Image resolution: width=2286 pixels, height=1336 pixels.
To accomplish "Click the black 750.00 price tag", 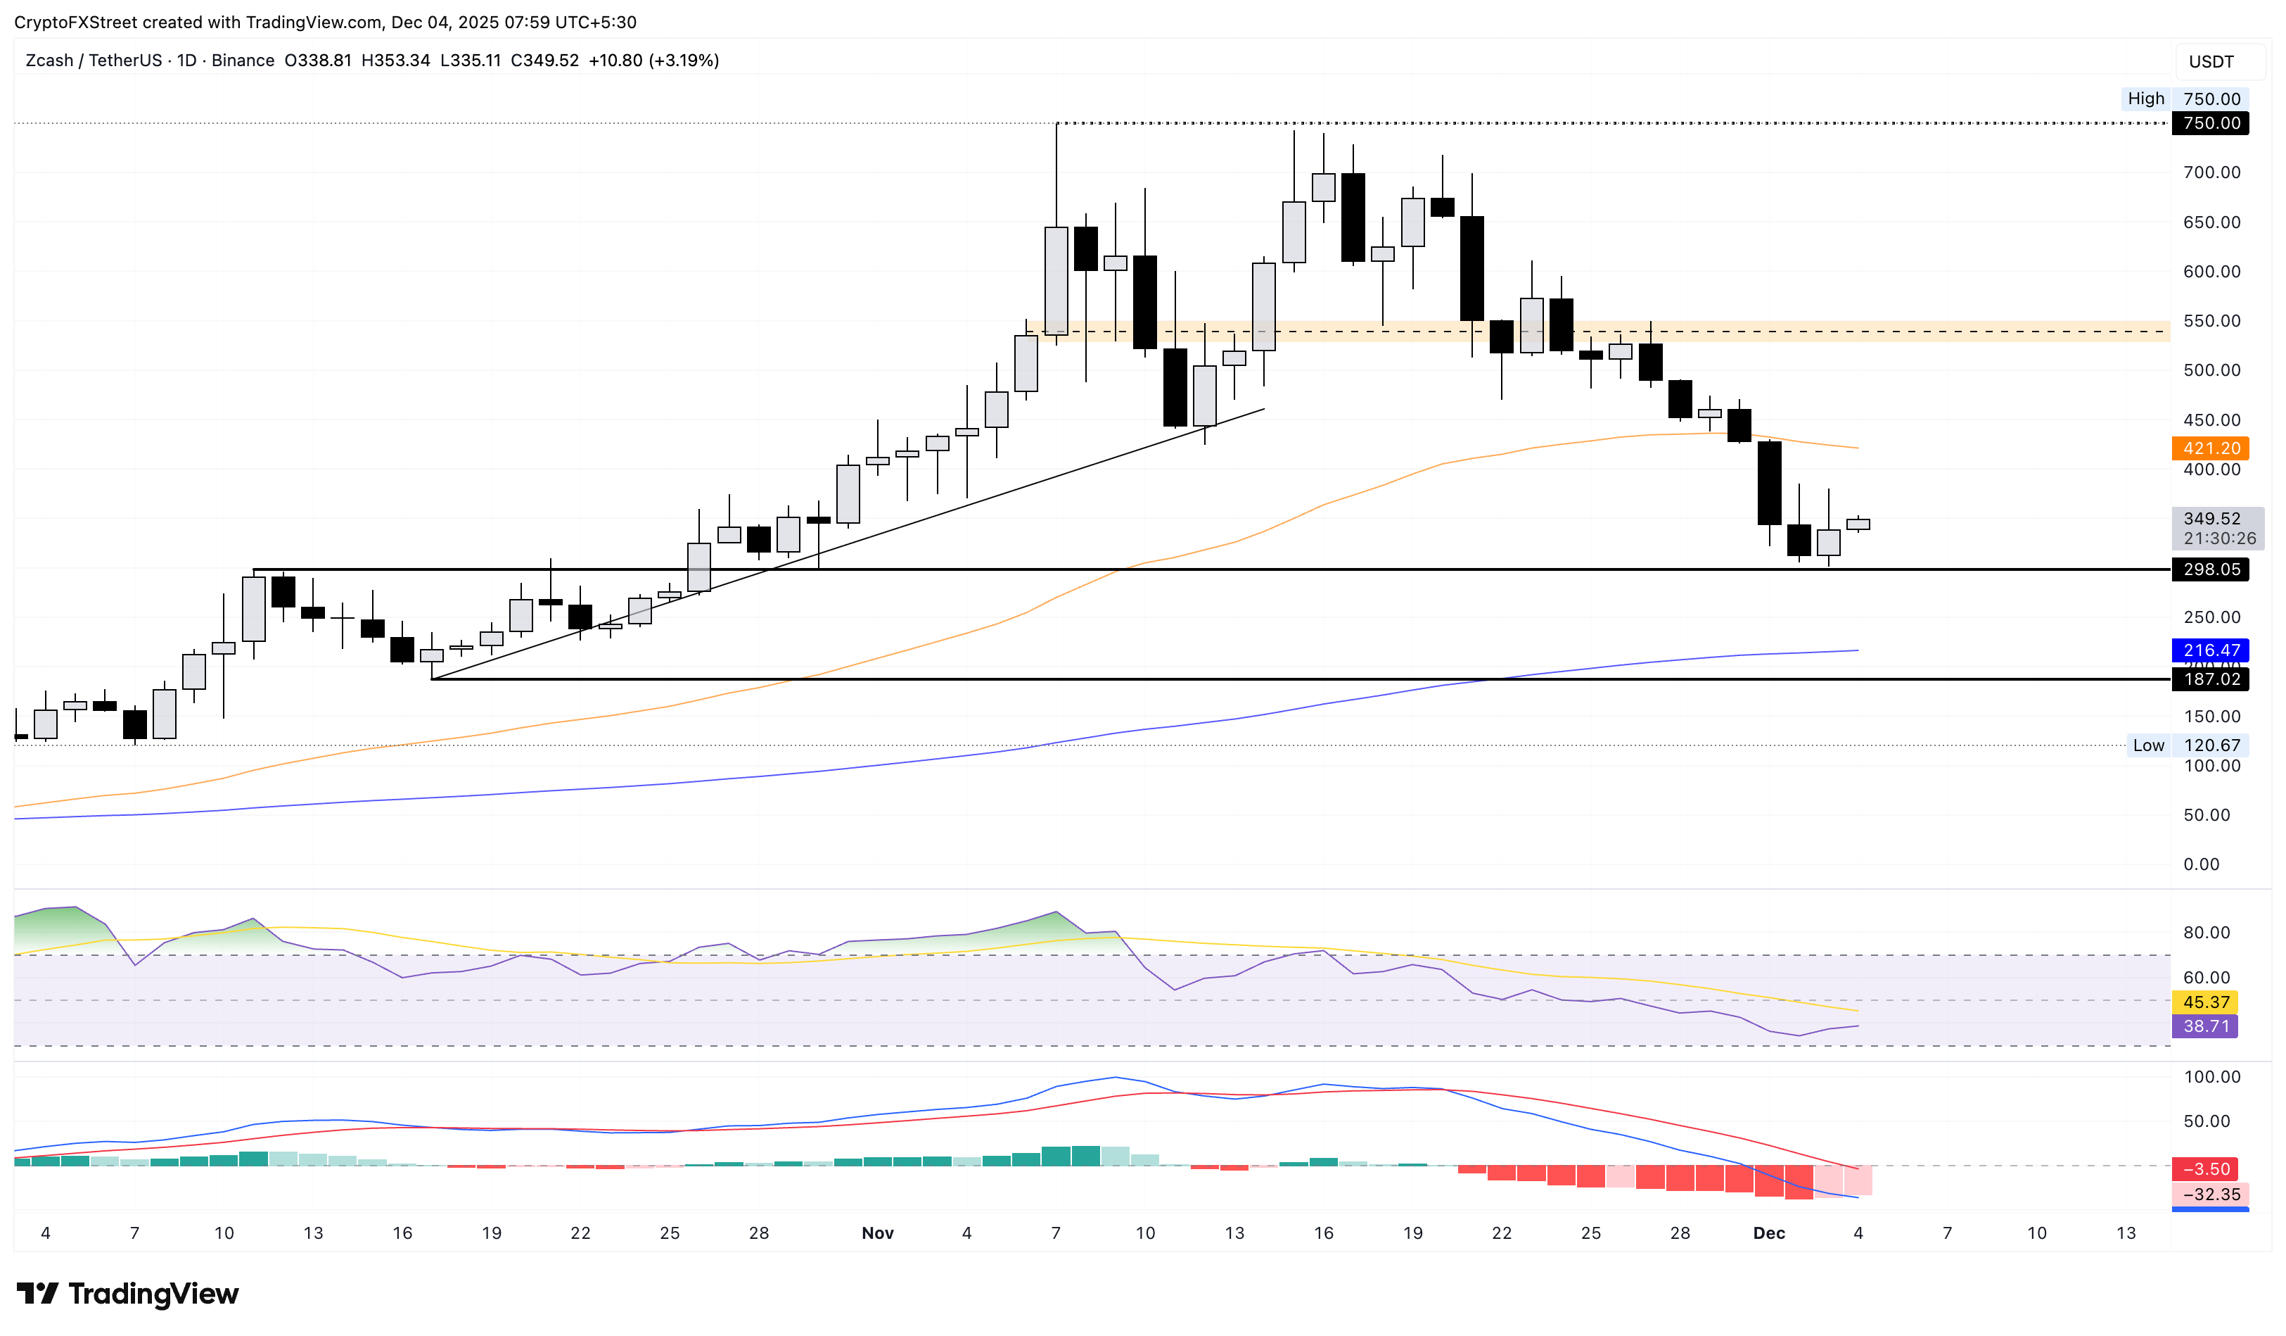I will [2210, 123].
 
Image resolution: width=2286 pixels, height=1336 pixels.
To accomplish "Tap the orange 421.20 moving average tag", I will [2210, 448].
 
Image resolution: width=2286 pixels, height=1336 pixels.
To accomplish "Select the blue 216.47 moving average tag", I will [2210, 650].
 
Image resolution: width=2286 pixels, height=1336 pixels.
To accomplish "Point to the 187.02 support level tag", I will [2210, 679].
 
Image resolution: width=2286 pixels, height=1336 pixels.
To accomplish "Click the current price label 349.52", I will [2211, 518].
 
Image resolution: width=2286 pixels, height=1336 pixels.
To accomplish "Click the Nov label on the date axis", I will [877, 1233].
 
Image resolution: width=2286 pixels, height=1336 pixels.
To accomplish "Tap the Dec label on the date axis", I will [1769, 1233].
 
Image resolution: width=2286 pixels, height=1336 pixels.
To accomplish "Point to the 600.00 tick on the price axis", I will [2211, 272].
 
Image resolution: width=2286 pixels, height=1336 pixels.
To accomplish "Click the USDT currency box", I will [2211, 62].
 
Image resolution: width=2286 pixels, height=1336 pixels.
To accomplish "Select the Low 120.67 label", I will [2186, 745].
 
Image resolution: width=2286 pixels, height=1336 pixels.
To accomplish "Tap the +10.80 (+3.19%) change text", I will [653, 61].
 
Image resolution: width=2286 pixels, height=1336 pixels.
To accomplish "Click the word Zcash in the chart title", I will [49, 61].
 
